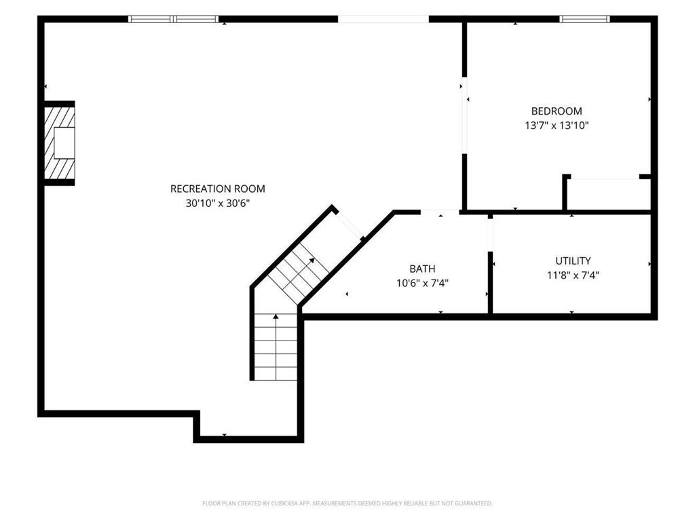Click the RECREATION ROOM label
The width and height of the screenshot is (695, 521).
pos(218,189)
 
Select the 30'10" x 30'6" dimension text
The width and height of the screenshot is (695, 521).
pos(218,204)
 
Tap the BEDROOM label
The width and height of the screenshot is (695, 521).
pos(557,111)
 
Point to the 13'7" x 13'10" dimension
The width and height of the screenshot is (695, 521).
pos(557,126)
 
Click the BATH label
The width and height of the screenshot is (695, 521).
pos(422,269)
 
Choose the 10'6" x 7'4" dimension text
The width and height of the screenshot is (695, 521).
pos(422,283)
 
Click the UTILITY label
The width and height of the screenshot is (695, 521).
pos(573,260)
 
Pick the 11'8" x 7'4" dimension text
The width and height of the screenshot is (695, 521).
pos(573,275)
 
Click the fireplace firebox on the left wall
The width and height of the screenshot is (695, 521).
pos(64,142)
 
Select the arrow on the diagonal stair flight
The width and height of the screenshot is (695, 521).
pos(299,272)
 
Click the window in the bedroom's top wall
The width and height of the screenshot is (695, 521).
pos(584,19)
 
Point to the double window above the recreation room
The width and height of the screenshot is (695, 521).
pos(173,19)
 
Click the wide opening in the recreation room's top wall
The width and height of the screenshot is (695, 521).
pos(383,19)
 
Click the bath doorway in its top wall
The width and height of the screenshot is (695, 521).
pos(440,212)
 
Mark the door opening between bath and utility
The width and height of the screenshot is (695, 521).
pos(490,235)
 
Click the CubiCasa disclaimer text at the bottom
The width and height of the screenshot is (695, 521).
pos(347,503)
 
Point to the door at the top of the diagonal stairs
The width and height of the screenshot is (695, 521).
pos(348,225)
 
